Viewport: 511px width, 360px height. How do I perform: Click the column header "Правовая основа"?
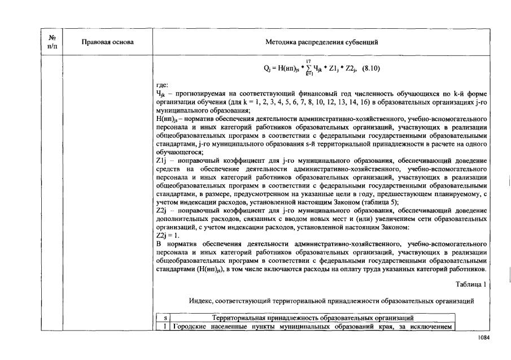pos(107,42)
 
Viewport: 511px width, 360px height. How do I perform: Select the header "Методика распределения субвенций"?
pos(321,42)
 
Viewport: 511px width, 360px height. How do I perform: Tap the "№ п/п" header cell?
pos(52,42)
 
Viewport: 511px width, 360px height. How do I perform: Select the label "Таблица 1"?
pos(470,284)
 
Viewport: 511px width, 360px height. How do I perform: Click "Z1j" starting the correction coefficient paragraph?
pos(162,161)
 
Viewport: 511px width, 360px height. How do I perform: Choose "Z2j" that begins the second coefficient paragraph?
pos(162,210)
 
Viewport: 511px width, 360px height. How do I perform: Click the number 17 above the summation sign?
pos(309,61)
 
